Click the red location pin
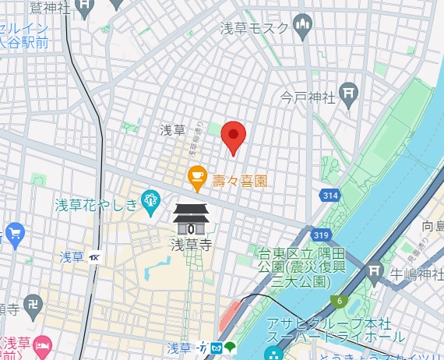pos(234,138)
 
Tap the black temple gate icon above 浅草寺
pos(191,219)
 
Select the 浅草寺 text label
pos(192,243)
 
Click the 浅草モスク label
pos(253,29)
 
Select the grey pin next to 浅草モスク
pos(302,28)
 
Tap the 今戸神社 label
pos(308,98)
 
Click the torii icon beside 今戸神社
pos(349,94)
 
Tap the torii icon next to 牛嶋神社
pos(375,272)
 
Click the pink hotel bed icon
pos(44,344)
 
